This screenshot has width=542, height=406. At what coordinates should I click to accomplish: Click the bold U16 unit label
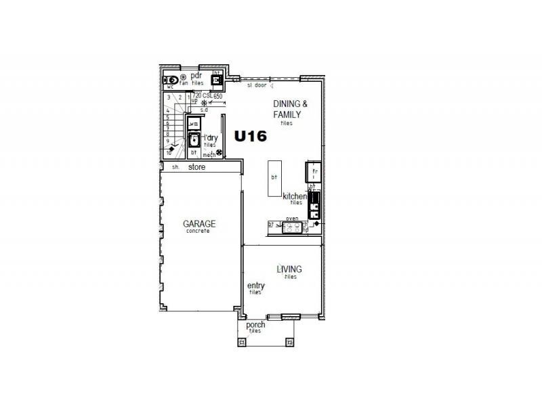pos(251,136)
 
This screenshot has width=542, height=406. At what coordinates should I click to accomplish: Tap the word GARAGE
pos(199,223)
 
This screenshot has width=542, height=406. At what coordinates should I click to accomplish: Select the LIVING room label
pos(289,269)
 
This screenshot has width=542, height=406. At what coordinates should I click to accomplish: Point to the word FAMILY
pos(287,114)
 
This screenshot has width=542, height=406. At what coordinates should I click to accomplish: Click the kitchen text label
pos(295,196)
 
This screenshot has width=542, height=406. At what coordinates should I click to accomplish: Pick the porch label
pos(255,325)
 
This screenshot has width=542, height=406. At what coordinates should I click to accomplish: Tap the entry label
pos(255,286)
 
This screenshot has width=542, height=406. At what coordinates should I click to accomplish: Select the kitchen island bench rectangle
pos(273,177)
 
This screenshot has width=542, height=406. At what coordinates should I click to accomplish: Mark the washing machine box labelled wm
pos(194,124)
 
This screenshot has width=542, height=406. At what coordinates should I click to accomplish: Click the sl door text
pos(256,86)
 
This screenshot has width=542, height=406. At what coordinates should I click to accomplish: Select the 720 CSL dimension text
pos(202,96)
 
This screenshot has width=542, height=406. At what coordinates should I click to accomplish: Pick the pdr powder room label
pos(196,75)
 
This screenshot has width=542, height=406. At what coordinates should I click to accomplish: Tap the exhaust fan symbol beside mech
pos(220,153)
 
